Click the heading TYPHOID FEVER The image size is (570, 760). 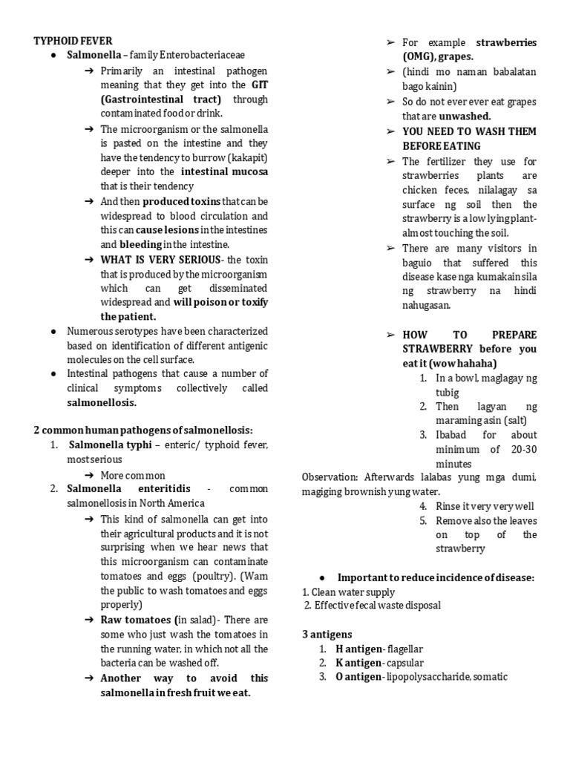click(x=73, y=41)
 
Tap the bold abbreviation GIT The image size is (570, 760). click(x=260, y=85)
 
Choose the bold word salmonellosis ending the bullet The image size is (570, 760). click(x=102, y=403)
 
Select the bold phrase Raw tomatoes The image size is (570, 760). click(x=136, y=620)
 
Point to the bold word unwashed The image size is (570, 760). click(x=465, y=116)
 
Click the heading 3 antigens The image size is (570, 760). click(x=327, y=635)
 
